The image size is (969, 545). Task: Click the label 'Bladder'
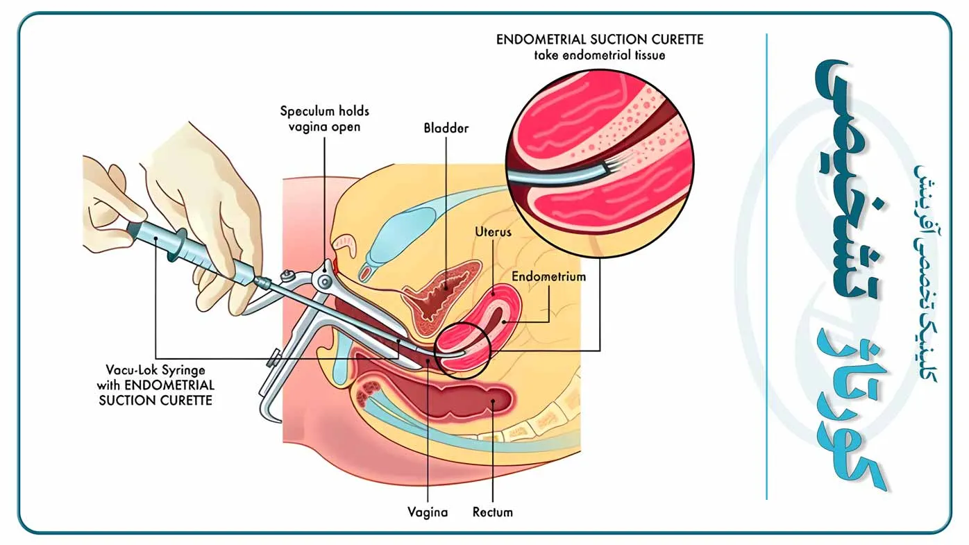coord(446,128)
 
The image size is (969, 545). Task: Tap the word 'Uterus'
coord(494,232)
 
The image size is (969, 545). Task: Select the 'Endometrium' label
coord(548,276)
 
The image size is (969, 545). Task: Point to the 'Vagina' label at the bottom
coord(428,513)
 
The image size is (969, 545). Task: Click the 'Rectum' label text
coord(492,513)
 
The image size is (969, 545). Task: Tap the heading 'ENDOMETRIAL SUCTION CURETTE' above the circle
coord(600,40)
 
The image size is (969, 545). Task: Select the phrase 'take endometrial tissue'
coord(600,55)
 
